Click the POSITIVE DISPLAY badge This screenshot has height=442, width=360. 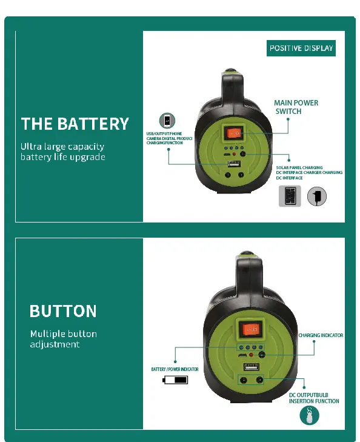(301, 49)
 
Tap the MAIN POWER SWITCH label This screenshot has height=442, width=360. (296, 107)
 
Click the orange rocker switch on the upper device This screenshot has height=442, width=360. (234, 133)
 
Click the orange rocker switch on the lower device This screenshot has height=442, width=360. (251, 329)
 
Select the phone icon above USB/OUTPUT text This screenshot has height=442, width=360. (167, 121)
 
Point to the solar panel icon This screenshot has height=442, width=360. (290, 196)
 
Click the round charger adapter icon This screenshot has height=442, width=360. (316, 196)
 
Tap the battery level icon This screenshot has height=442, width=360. (175, 380)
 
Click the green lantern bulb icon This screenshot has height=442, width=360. (309, 415)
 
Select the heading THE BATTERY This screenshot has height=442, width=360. (75, 124)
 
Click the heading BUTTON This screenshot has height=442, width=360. (63, 311)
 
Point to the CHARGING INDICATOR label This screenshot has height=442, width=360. (321, 335)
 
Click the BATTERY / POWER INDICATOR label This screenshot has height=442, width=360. (175, 369)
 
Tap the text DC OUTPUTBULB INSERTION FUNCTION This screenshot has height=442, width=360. (314, 398)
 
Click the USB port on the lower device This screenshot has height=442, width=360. (252, 367)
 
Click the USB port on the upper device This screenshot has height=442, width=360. (234, 164)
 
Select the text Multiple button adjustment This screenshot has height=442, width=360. (64, 339)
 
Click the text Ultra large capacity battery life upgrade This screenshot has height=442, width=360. (63, 152)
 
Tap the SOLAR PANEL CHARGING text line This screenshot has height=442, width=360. (299, 167)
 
